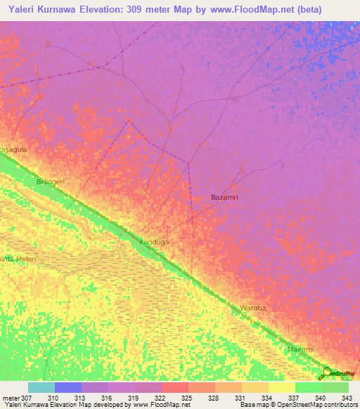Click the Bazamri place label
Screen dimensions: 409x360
pyautogui.click(x=224, y=197)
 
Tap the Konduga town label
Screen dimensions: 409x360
pyautogui.click(x=155, y=242)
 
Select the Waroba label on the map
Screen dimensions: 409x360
pyautogui.click(x=253, y=308)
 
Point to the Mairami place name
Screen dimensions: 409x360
pyautogui.click(x=300, y=349)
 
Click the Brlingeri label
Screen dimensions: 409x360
pyautogui.click(x=50, y=181)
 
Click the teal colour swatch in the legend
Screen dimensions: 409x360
pyautogui.click(x=41, y=387)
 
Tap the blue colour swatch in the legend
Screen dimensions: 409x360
pyautogui.click(x=67, y=387)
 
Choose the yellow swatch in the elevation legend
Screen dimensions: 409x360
pyautogui.click(x=281, y=387)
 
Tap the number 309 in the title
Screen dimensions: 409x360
pyautogui.click(x=138, y=10)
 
